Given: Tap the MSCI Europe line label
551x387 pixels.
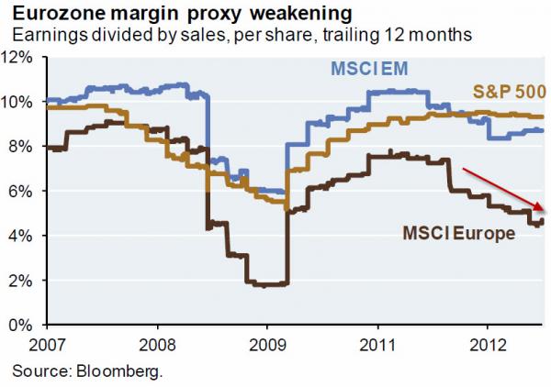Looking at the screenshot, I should [459, 234].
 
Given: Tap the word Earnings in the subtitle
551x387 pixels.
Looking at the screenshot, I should [43, 35].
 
